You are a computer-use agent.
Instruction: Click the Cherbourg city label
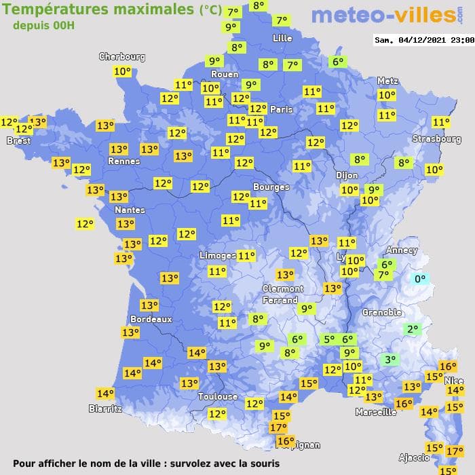pyautogui.click(x=122, y=57)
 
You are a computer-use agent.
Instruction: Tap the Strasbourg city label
pyautogui.click(x=436, y=139)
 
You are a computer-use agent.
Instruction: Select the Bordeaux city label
pyautogui.click(x=150, y=319)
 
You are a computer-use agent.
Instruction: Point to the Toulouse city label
pyautogui.click(x=218, y=396)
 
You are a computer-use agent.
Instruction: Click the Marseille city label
pyautogui.click(x=376, y=412)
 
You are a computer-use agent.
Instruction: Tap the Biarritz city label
pyautogui.click(x=105, y=408)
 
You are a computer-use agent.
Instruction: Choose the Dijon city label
pyautogui.click(x=346, y=174)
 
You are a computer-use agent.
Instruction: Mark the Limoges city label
pyautogui.click(x=218, y=255)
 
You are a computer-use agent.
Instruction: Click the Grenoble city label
pyautogui.click(x=382, y=313)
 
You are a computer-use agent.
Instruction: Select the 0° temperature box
pyautogui.click(x=420, y=278)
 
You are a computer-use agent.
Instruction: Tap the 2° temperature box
pyautogui.click(x=412, y=329)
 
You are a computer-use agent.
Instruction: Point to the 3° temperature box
pyautogui.click(x=389, y=360)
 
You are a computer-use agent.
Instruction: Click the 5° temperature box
pyautogui.click(x=329, y=339)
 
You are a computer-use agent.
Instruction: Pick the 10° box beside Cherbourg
pyautogui.click(x=123, y=71)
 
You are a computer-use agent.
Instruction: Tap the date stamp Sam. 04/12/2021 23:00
pyautogui.click(x=424, y=40)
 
